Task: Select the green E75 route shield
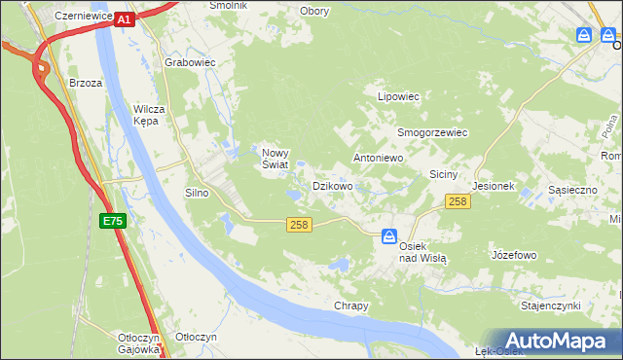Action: pyautogui.click(x=112, y=222)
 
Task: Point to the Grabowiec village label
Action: pyautogui.click(x=190, y=62)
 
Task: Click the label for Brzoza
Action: pyautogui.click(x=86, y=83)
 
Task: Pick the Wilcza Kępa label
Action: pyautogui.click(x=155, y=115)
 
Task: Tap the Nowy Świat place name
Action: pyautogui.click(x=274, y=158)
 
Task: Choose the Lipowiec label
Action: pyautogui.click(x=398, y=97)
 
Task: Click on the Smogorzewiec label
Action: pyautogui.click(x=432, y=132)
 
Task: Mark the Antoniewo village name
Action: pyautogui.click(x=378, y=157)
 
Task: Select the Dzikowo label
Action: pyautogui.click(x=332, y=185)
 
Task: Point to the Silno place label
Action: pyautogui.click(x=197, y=193)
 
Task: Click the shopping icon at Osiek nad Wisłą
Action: pyautogui.click(x=389, y=235)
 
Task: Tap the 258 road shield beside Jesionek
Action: pyautogui.click(x=458, y=201)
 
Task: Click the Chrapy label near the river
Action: pyautogui.click(x=351, y=306)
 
